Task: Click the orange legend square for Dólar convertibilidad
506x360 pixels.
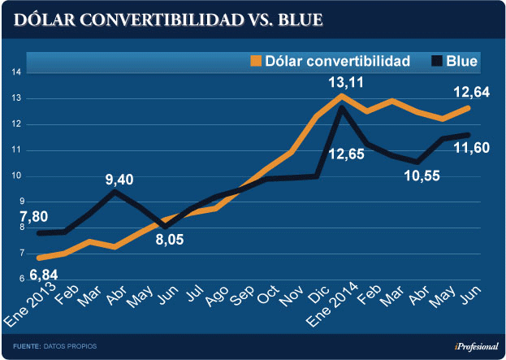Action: tap(256, 60)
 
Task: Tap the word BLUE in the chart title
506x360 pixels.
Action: tap(294, 19)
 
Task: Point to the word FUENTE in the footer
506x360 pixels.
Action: tap(27, 347)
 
